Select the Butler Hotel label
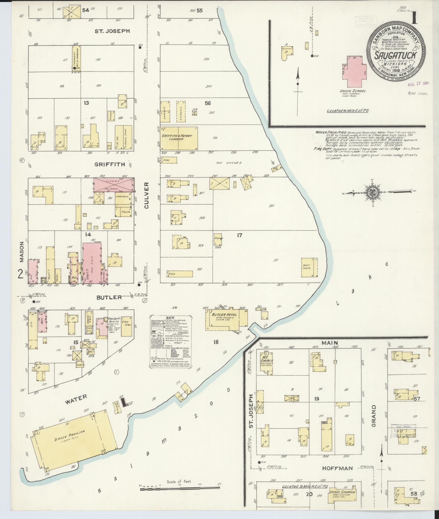[x=228, y=315]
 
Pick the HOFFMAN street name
[x=337, y=468]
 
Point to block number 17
[x=239, y=235]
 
